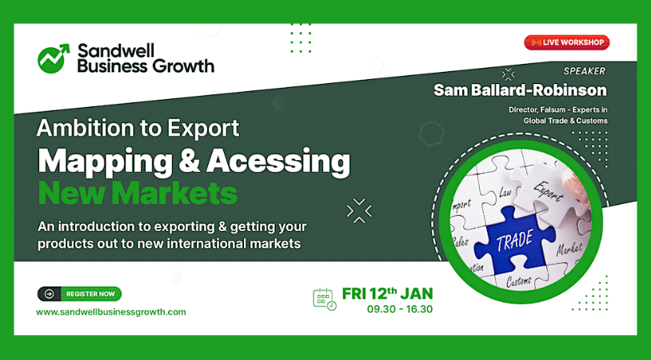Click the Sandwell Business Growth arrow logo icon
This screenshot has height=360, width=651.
coord(53,58)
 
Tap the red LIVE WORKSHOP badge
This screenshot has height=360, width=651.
coord(567,42)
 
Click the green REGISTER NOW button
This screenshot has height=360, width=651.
coord(90,294)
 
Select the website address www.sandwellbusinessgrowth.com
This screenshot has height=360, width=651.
coord(111,312)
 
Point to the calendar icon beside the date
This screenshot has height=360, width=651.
coord(324,299)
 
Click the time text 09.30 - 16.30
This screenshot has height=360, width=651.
coord(399,310)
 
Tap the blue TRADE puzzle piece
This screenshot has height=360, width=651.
coord(516,240)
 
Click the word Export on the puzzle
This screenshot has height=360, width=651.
coord(548,192)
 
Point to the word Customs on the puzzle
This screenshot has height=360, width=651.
coord(518,281)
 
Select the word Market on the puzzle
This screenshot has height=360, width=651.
coord(569,249)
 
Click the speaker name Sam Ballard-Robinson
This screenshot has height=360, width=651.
coord(520,90)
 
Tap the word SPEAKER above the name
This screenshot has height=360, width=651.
coord(584,71)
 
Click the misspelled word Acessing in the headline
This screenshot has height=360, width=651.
coord(278,162)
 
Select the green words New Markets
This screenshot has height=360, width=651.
coord(138,194)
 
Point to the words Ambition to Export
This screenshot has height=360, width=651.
coord(138,128)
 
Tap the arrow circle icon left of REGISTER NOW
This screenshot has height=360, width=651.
coord(50,294)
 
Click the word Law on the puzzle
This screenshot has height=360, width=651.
coord(505,191)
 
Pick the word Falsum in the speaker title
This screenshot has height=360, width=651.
coord(547,110)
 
